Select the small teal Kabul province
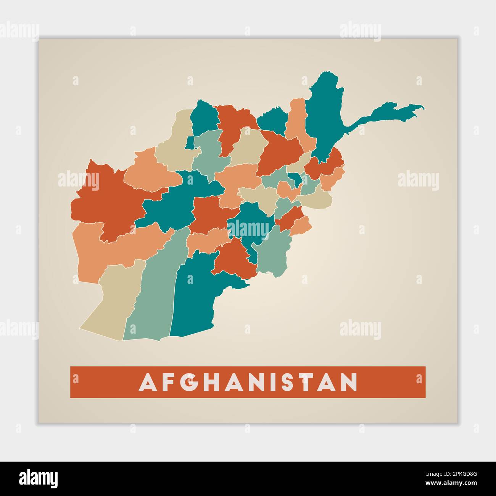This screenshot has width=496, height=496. click(294, 178)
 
